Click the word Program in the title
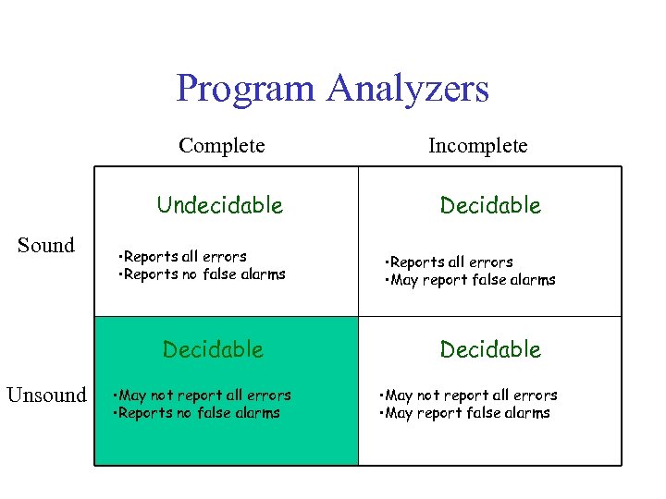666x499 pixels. [x=245, y=89]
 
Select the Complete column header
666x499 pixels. [x=222, y=145]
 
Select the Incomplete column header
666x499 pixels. [x=477, y=145]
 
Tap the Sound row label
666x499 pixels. [x=46, y=245]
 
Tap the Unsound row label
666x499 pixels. [x=46, y=395]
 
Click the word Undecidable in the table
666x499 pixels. [x=220, y=205]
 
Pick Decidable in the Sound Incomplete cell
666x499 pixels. [x=490, y=205]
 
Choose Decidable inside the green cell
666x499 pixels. [x=213, y=349]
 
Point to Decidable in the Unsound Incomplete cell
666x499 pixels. [x=490, y=349]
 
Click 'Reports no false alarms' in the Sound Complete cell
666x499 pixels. [x=203, y=274]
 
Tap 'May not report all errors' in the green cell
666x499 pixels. [x=202, y=396]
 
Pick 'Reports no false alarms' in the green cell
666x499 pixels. [x=197, y=413]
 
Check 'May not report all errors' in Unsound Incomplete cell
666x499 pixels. [x=469, y=396]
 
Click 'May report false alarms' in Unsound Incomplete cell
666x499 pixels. [x=465, y=413]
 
